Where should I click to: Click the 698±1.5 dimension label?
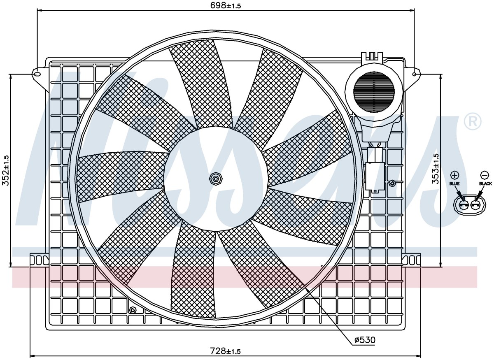[x=226, y=5]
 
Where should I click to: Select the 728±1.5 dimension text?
[x=225, y=351]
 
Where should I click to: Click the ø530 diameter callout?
[x=365, y=340]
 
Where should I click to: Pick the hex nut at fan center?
[x=216, y=178]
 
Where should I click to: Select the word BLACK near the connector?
[x=485, y=183]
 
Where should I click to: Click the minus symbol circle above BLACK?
[x=484, y=175]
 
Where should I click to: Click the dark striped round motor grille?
[x=374, y=92]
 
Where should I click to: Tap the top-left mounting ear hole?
[x=37, y=74]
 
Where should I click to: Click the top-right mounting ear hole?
[x=414, y=74]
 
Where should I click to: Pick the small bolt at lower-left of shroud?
[x=133, y=310]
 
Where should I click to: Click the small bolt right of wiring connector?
[x=392, y=183]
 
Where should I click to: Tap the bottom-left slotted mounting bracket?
[x=39, y=260]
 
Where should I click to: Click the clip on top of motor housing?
[x=372, y=57]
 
